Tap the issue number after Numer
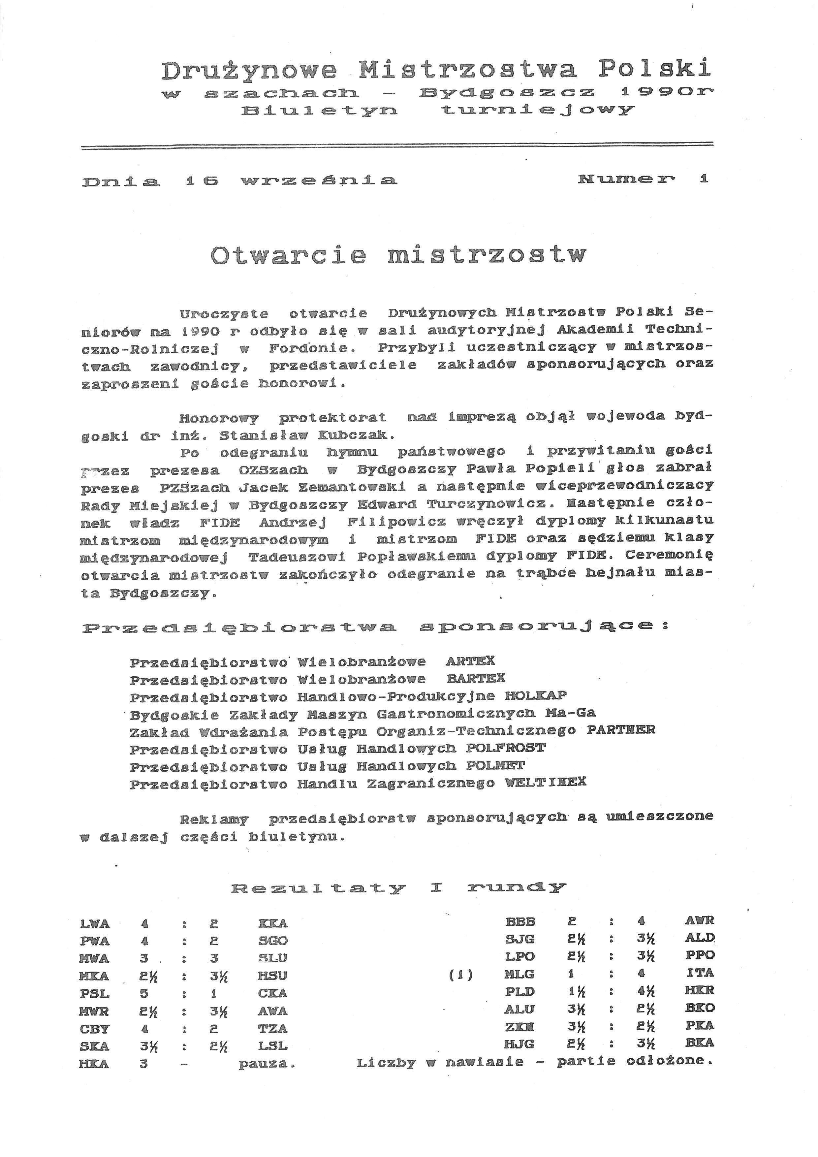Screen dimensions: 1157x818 tap(704, 178)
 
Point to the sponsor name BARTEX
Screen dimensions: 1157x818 tap(476, 678)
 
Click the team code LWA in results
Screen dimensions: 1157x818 tap(95, 924)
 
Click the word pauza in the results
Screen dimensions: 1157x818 tap(267, 1064)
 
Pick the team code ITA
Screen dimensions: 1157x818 tap(700, 973)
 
